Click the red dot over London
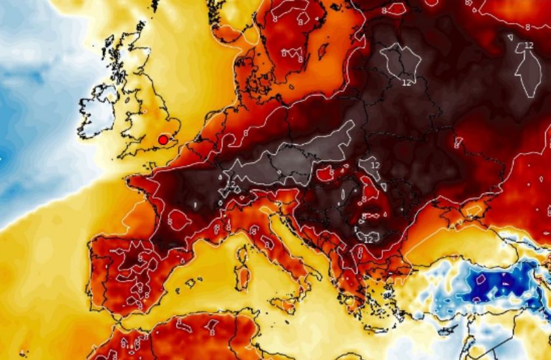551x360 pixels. tap(163, 140)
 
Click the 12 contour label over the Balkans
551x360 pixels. tap(368, 239)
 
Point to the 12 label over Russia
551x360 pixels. tap(528, 46)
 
